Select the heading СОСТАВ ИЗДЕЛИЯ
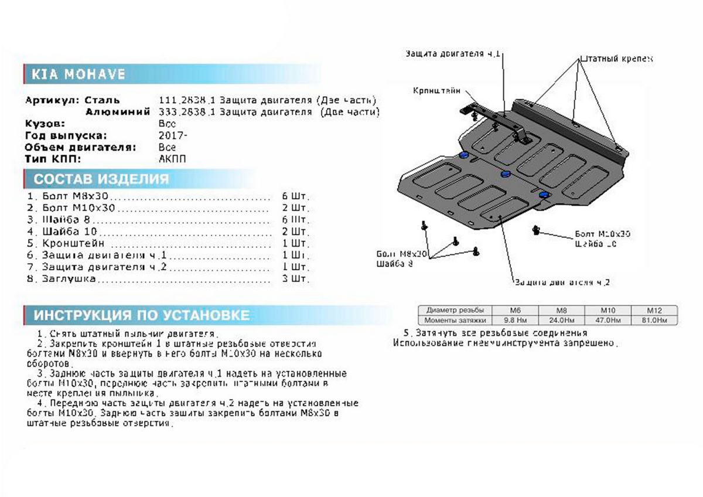point(101,179)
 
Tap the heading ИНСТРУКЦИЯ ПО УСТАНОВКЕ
point(142,315)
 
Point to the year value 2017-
point(173,136)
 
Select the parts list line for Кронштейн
point(73,243)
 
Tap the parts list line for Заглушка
point(69,279)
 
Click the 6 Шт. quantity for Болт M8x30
point(295,196)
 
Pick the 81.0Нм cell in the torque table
point(653,320)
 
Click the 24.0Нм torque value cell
point(561,320)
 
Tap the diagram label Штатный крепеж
point(616,59)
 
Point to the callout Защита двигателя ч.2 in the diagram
point(562,282)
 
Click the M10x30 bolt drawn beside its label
point(535,230)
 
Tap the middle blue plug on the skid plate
point(505,174)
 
